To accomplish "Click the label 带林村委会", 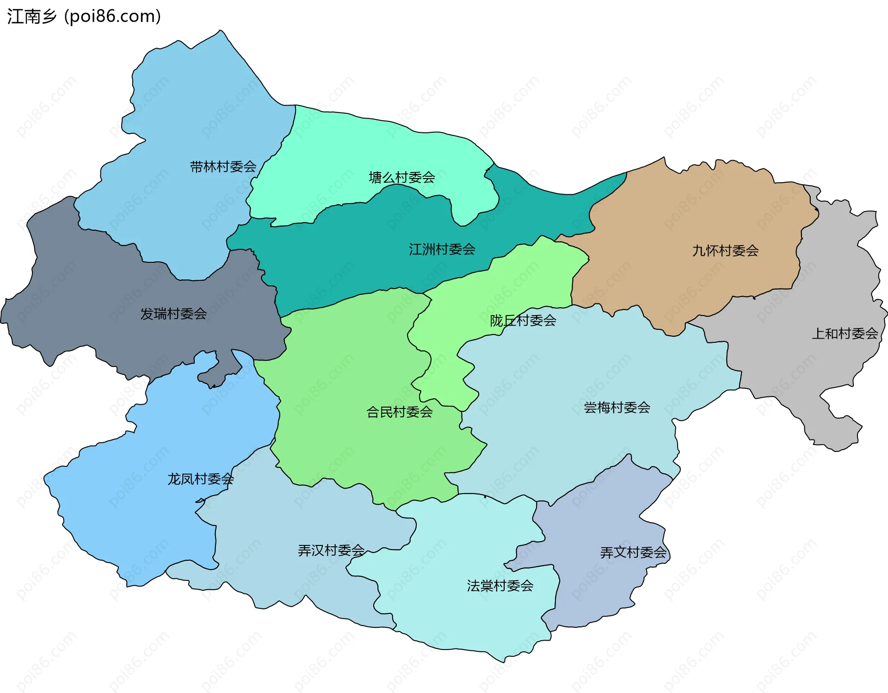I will coord(223,167).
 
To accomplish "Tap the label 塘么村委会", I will coord(401,177).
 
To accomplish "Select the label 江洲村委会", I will coord(442,249).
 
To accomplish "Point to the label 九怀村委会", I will coord(725,251).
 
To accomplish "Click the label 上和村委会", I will coord(845,334).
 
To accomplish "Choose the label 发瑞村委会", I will coord(173,314).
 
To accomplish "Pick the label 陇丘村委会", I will coord(523,320).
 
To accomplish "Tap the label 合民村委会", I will coord(399,412).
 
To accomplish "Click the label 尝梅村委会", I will coord(617,407).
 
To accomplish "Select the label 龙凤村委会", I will coord(200,479).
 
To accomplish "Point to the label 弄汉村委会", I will coord(331,550).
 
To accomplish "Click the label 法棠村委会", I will coord(500,586).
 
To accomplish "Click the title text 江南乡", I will coord(31,17).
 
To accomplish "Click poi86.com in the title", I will coord(112,17).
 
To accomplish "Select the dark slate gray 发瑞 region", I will coord(92,287).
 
